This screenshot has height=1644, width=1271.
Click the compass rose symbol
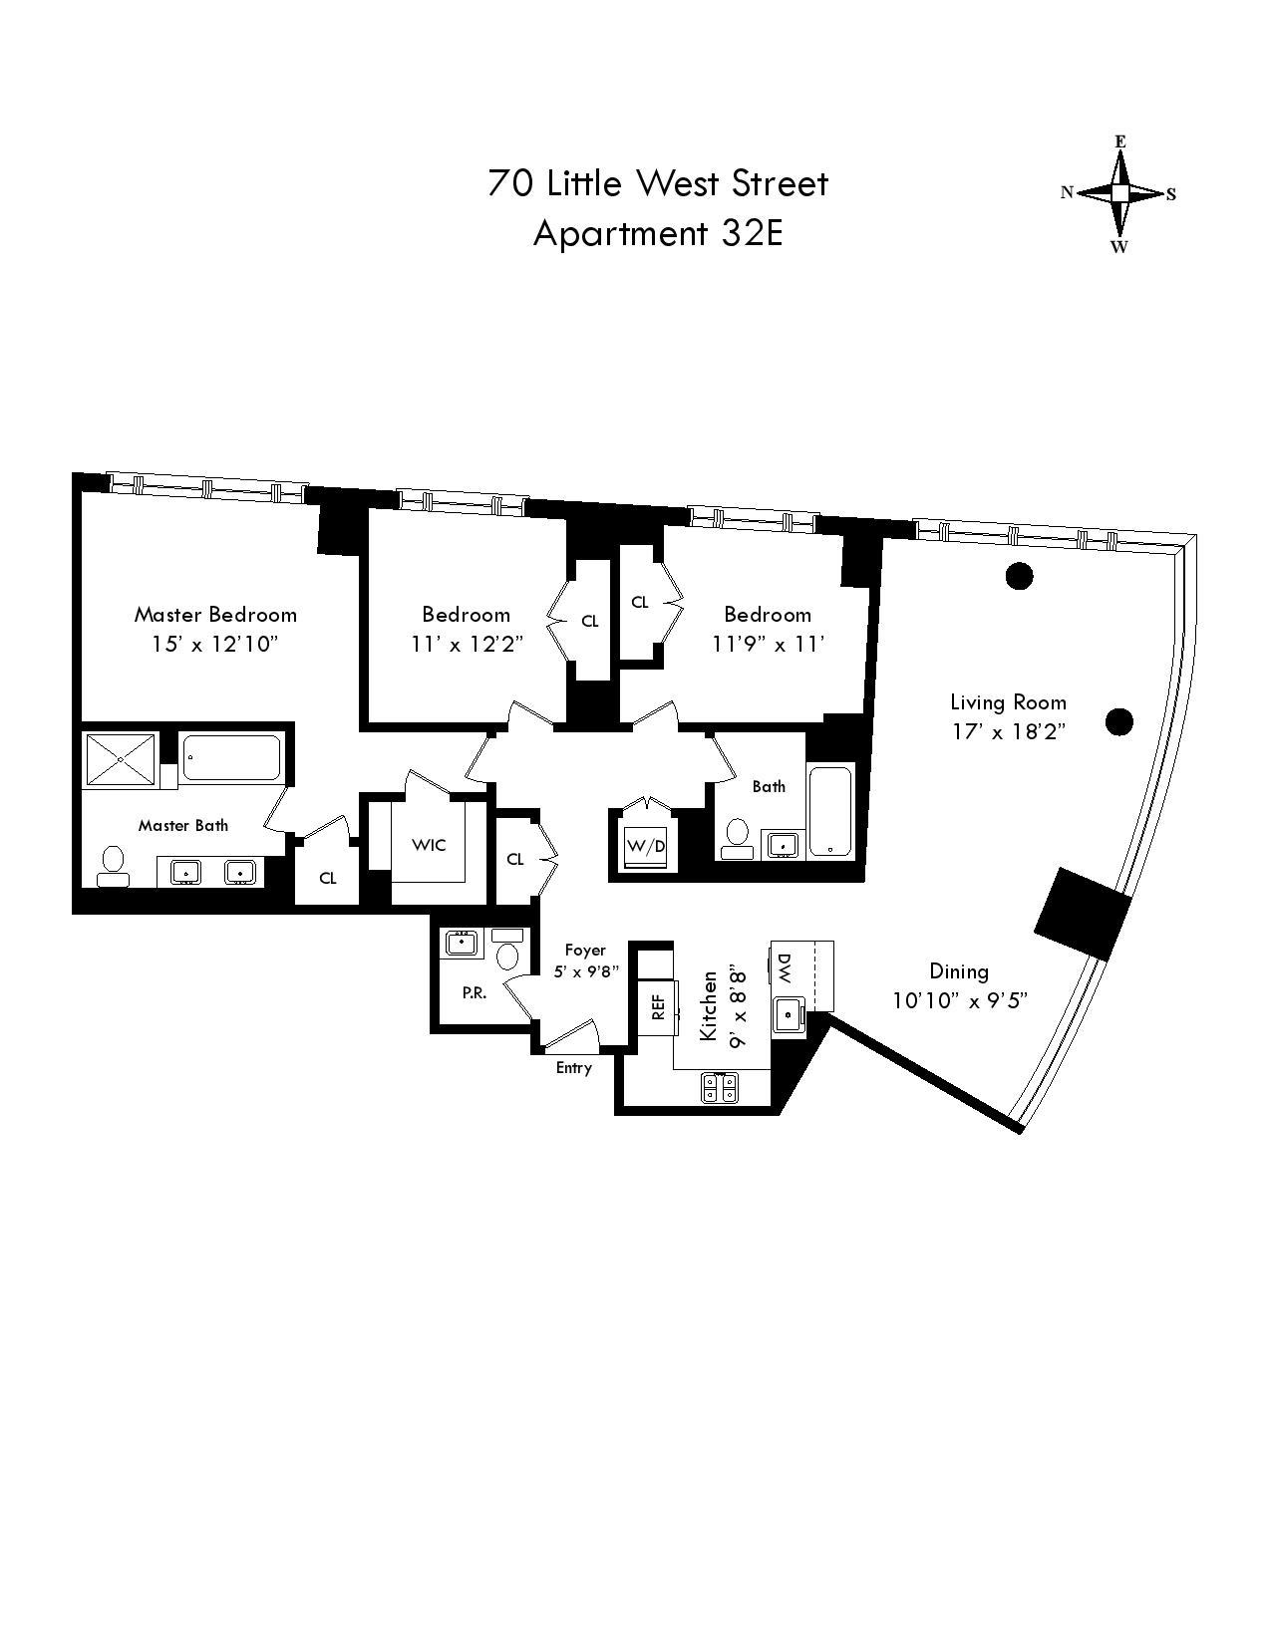click(1119, 193)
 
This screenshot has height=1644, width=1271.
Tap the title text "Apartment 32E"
click(658, 233)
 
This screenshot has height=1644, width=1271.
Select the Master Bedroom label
click(215, 614)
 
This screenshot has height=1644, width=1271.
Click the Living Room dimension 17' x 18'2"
click(1008, 731)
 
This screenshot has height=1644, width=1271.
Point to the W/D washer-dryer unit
click(646, 846)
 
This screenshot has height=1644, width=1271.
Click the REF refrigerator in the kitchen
click(658, 1007)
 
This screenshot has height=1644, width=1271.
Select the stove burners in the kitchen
click(720, 1088)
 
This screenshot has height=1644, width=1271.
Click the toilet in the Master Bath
click(112, 865)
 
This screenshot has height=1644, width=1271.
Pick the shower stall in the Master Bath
click(120, 759)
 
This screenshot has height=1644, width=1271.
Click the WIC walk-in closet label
click(429, 845)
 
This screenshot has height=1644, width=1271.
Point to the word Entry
click(573, 1068)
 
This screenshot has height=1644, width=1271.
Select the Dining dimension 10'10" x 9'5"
click(959, 1000)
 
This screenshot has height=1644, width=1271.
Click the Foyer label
click(585, 950)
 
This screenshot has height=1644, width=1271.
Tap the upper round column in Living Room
click(1018, 575)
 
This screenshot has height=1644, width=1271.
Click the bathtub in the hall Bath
click(830, 811)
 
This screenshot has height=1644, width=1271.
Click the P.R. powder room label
click(474, 993)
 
